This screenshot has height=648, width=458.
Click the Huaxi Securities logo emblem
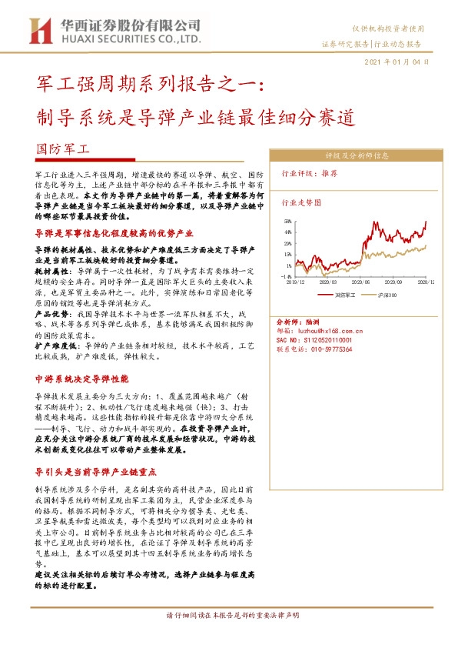coord(39,30)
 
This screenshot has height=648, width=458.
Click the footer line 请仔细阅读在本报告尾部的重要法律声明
coord(229,615)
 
